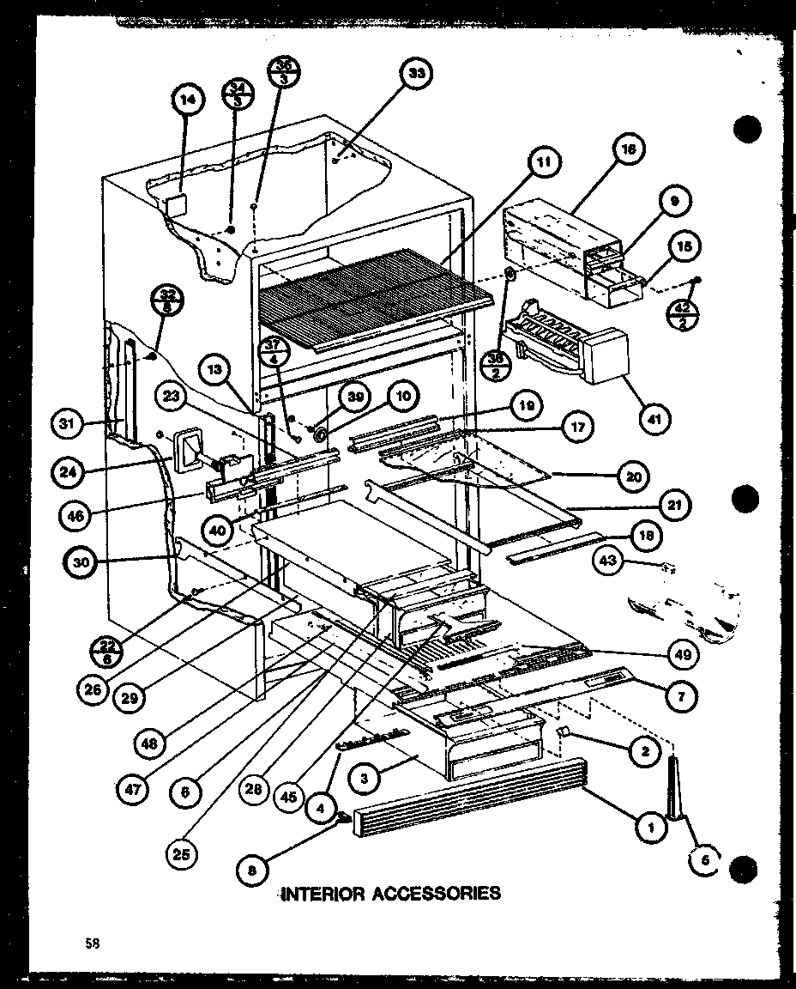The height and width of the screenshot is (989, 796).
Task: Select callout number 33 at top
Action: click(x=416, y=75)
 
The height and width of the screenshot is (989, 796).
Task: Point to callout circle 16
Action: click(x=628, y=149)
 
